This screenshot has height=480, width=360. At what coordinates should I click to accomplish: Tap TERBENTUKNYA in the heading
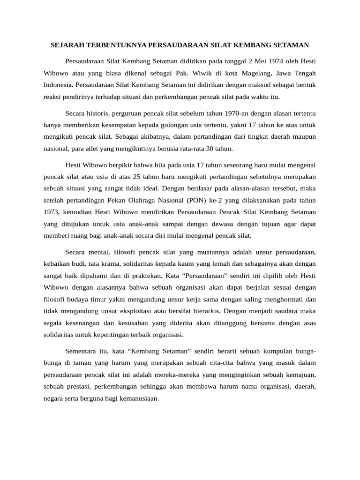click(x=116, y=45)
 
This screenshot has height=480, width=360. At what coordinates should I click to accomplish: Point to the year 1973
click(x=51, y=211)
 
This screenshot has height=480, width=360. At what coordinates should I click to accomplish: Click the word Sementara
click(x=82, y=351)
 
